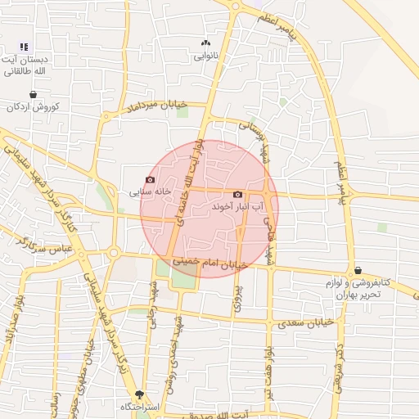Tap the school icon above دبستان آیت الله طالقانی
[x=24, y=47]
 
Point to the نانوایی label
[x=205, y=57]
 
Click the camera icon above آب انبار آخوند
[x=237, y=195]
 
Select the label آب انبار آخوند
[x=237, y=209]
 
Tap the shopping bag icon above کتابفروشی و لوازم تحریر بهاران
[x=358, y=270]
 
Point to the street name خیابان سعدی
[x=306, y=323]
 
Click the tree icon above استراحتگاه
[x=139, y=394]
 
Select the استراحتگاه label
[x=139, y=407]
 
